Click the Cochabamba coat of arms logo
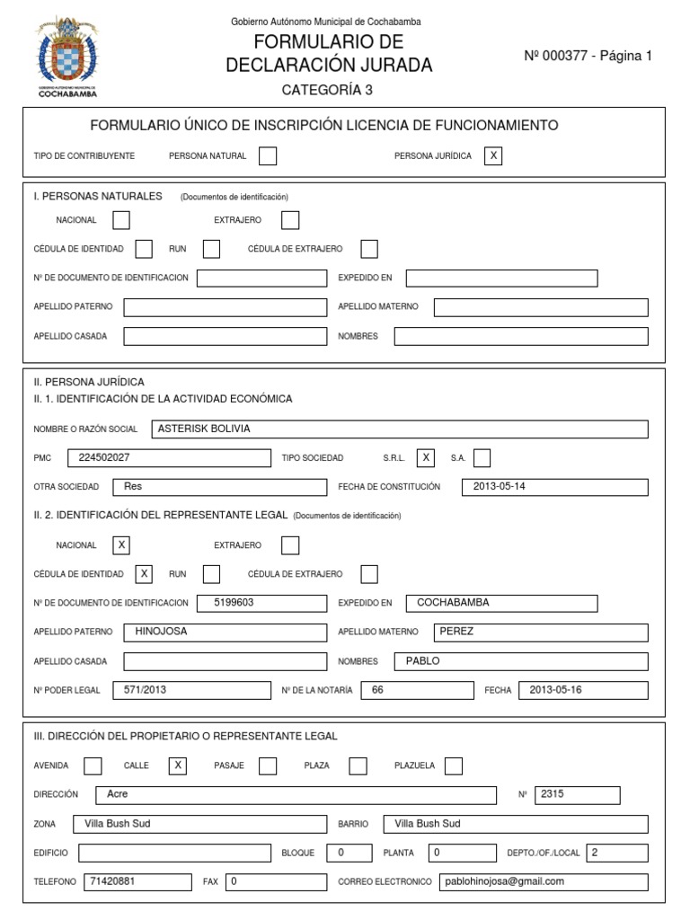coord(68,53)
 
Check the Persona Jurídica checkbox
coord(492,155)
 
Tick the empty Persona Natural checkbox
coord(268,155)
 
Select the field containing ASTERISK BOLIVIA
coord(399,429)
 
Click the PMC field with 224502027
coord(168,457)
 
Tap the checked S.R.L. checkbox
coord(427,457)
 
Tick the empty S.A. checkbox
coord(482,457)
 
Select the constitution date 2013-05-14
coord(554,486)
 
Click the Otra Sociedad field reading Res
coord(219,486)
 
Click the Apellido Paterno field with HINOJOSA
coord(225,632)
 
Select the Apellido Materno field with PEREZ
coord(540,632)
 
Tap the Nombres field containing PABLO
coord(520,661)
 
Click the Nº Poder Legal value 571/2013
coord(190,690)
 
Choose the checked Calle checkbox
coord(178,765)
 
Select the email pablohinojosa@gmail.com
coord(543,881)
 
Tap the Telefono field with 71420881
coord(137,881)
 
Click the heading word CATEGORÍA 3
coord(327,90)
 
